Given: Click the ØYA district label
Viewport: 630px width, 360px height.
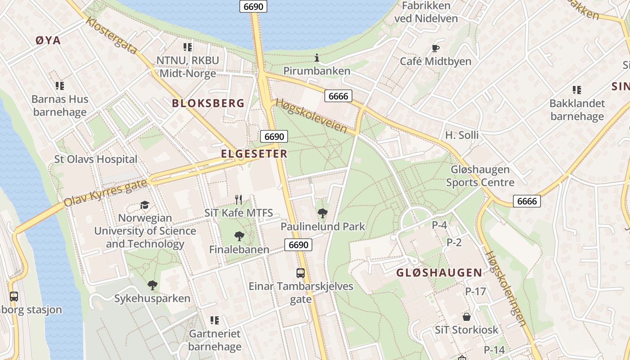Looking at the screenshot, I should (x=48, y=40).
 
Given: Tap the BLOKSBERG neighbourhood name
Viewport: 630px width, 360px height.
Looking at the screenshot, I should (x=208, y=103).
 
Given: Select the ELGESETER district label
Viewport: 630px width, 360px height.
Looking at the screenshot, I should (x=254, y=154).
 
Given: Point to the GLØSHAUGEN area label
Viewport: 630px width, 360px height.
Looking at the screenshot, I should (x=439, y=273).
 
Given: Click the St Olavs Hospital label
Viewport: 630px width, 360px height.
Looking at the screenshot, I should (x=96, y=159).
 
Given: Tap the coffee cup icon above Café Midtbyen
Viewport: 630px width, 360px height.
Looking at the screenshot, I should (x=435, y=48).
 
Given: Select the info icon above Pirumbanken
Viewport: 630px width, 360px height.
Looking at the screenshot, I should (x=317, y=58).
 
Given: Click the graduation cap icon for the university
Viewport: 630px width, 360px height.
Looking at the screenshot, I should (x=144, y=205).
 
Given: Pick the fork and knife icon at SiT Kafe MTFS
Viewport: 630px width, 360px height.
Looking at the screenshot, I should (x=238, y=199).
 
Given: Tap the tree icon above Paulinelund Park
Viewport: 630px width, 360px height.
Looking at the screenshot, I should (x=322, y=213).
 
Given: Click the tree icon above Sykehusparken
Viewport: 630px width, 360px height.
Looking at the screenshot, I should (x=152, y=285).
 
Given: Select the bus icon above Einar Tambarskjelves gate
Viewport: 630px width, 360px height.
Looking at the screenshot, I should (x=300, y=273).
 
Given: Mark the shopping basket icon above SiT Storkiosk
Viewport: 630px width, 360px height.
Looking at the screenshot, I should (x=467, y=317).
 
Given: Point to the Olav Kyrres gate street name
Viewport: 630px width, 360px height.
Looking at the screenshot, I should (x=105, y=193).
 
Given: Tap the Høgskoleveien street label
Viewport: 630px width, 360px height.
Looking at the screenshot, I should (x=311, y=116).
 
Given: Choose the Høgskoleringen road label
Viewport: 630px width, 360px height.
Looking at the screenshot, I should (x=505, y=288).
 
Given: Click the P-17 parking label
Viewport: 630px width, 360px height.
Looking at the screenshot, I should (x=476, y=292).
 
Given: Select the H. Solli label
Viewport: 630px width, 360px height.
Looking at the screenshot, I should (x=462, y=135).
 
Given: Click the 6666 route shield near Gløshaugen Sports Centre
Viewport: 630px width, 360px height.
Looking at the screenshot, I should (x=526, y=201).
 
